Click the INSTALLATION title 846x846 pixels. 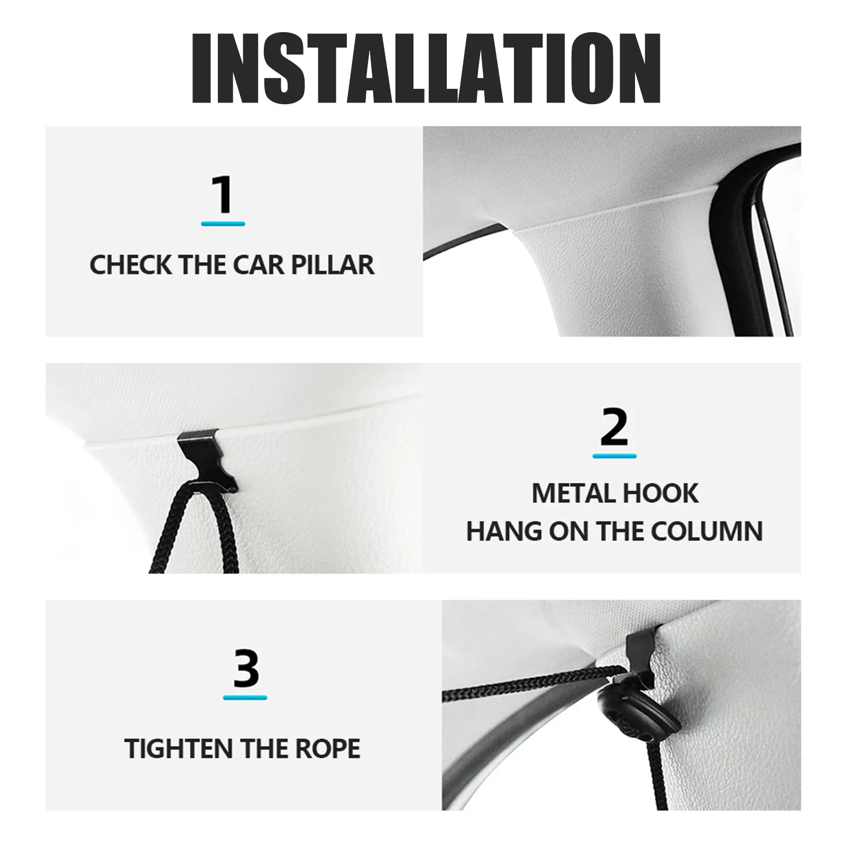(x=426, y=69)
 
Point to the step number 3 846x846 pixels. (x=245, y=669)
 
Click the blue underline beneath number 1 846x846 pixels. (x=223, y=224)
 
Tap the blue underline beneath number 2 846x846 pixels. (x=614, y=455)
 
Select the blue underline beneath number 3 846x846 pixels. (x=245, y=697)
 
